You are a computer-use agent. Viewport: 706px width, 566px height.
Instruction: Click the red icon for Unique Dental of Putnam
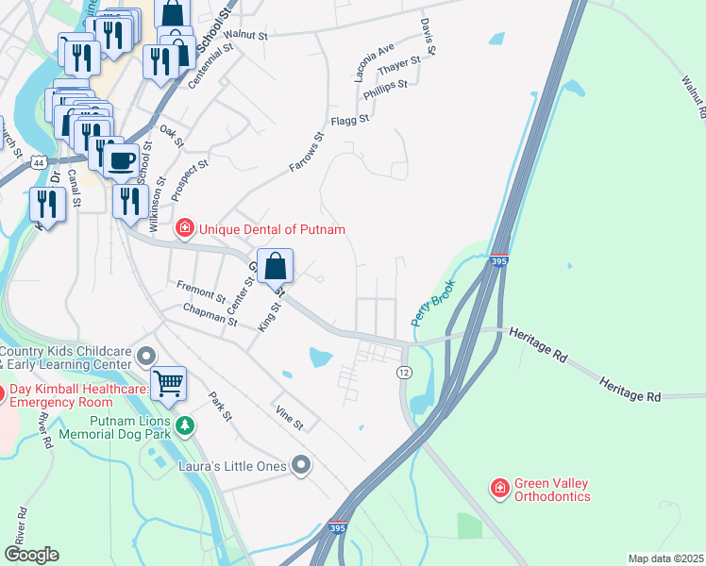tap(185, 228)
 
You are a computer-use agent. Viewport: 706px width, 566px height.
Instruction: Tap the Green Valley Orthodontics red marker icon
tap(498, 488)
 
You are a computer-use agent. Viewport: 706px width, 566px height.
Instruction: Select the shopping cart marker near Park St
tap(168, 383)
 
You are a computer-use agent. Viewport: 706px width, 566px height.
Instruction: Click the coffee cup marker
tap(120, 159)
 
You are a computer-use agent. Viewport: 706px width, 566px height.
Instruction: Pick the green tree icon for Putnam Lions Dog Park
tap(186, 427)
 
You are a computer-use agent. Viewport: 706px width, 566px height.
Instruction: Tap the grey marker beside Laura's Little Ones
tap(301, 463)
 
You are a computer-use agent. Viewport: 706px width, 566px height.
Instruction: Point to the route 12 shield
tap(403, 373)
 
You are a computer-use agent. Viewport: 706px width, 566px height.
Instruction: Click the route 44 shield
tap(37, 163)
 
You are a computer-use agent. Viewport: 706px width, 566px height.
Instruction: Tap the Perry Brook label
tap(433, 303)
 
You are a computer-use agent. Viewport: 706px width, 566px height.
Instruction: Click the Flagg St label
tap(349, 120)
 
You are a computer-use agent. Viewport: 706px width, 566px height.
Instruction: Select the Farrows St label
tap(306, 152)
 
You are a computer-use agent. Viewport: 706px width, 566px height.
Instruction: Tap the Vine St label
tap(289, 420)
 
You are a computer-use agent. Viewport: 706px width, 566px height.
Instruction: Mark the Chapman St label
tap(210, 314)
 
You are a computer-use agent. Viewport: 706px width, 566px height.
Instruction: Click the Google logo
tap(32, 555)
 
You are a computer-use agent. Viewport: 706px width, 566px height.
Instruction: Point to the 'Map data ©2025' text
tap(664, 558)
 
